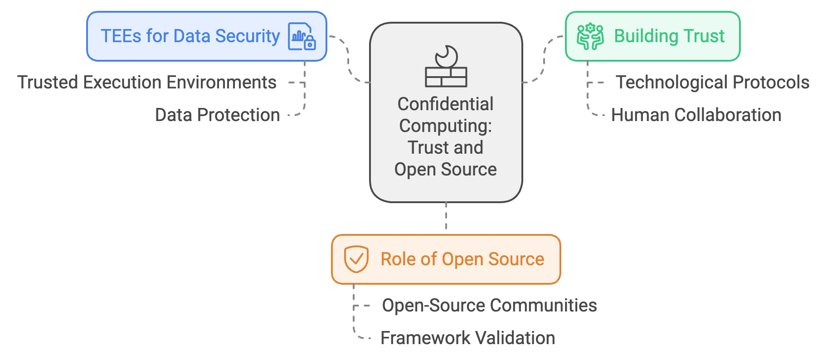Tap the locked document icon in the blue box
tap(302, 36)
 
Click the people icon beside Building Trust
tap(590, 36)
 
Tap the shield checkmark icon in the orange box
tap(356, 259)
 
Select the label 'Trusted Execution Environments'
tap(147, 83)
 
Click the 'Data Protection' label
tap(217, 115)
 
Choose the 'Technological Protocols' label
tap(712, 83)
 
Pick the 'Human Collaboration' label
tap(696, 115)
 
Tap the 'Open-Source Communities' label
tap(489, 306)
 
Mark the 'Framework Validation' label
tap(467, 338)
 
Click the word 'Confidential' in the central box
tap(446, 104)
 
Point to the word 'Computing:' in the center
tap(446, 126)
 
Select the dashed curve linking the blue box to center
tap(348, 59)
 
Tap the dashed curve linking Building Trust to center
tap(544, 59)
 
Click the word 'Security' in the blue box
tap(248, 36)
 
